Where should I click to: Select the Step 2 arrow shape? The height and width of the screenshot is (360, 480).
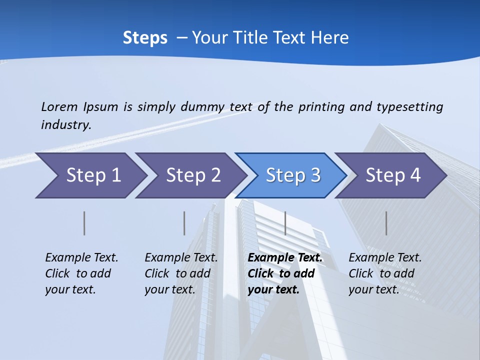point(193,175)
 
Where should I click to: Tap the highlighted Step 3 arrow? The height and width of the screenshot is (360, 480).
point(293,175)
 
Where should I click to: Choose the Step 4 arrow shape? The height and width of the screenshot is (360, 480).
point(393,175)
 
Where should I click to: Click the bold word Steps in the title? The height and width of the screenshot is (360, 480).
point(145,38)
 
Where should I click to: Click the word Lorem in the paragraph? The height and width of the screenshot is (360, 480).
point(59,106)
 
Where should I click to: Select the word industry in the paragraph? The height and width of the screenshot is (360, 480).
point(65,124)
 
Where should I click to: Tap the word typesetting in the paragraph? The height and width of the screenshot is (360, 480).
point(409,106)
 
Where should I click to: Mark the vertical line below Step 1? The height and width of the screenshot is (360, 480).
point(84,223)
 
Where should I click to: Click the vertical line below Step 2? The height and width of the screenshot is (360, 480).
point(184,223)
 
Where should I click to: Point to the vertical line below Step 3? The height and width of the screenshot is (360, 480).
point(285,223)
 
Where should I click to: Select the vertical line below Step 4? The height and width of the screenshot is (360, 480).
point(386,223)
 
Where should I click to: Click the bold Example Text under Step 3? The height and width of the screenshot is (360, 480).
point(285,258)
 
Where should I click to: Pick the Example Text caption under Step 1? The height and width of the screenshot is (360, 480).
point(81,258)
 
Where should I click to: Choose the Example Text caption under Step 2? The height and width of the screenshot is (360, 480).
point(181,258)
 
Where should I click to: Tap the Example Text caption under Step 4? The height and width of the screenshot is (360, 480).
point(385,258)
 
